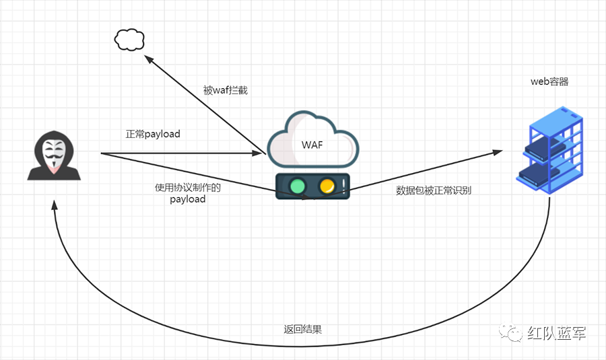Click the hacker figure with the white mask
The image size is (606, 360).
[x=54, y=156]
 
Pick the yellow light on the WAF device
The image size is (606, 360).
[x=327, y=185]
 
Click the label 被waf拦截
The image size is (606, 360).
[x=226, y=90]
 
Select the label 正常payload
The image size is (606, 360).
[x=153, y=134]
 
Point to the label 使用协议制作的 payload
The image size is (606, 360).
[x=188, y=193]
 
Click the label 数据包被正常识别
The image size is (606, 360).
[x=434, y=190]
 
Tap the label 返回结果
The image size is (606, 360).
[x=302, y=330]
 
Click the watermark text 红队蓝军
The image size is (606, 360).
[x=556, y=334]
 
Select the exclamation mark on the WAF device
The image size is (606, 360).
[x=343, y=185]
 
